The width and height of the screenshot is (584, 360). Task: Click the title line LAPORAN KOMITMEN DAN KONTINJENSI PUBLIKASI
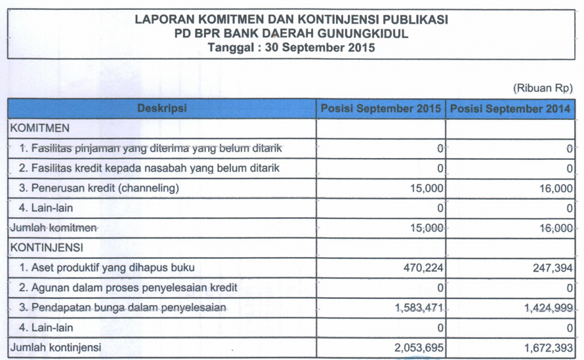tap(291, 20)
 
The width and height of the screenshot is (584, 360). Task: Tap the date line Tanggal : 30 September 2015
tap(291, 47)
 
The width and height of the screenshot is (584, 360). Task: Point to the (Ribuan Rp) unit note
tap(542, 88)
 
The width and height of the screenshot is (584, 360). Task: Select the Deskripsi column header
tap(162, 108)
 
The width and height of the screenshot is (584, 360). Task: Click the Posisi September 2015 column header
tap(380, 108)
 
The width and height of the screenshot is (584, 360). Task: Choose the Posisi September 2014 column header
tap(510, 108)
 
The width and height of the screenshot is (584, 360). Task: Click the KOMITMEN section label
tap(40, 128)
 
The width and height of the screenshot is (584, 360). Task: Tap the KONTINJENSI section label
tap(47, 248)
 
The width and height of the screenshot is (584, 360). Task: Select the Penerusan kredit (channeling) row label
tap(99, 188)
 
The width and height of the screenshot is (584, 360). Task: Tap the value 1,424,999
tap(548, 308)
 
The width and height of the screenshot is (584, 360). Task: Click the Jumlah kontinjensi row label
tap(55, 347)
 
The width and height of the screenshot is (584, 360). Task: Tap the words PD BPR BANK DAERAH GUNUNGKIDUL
tap(291, 34)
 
